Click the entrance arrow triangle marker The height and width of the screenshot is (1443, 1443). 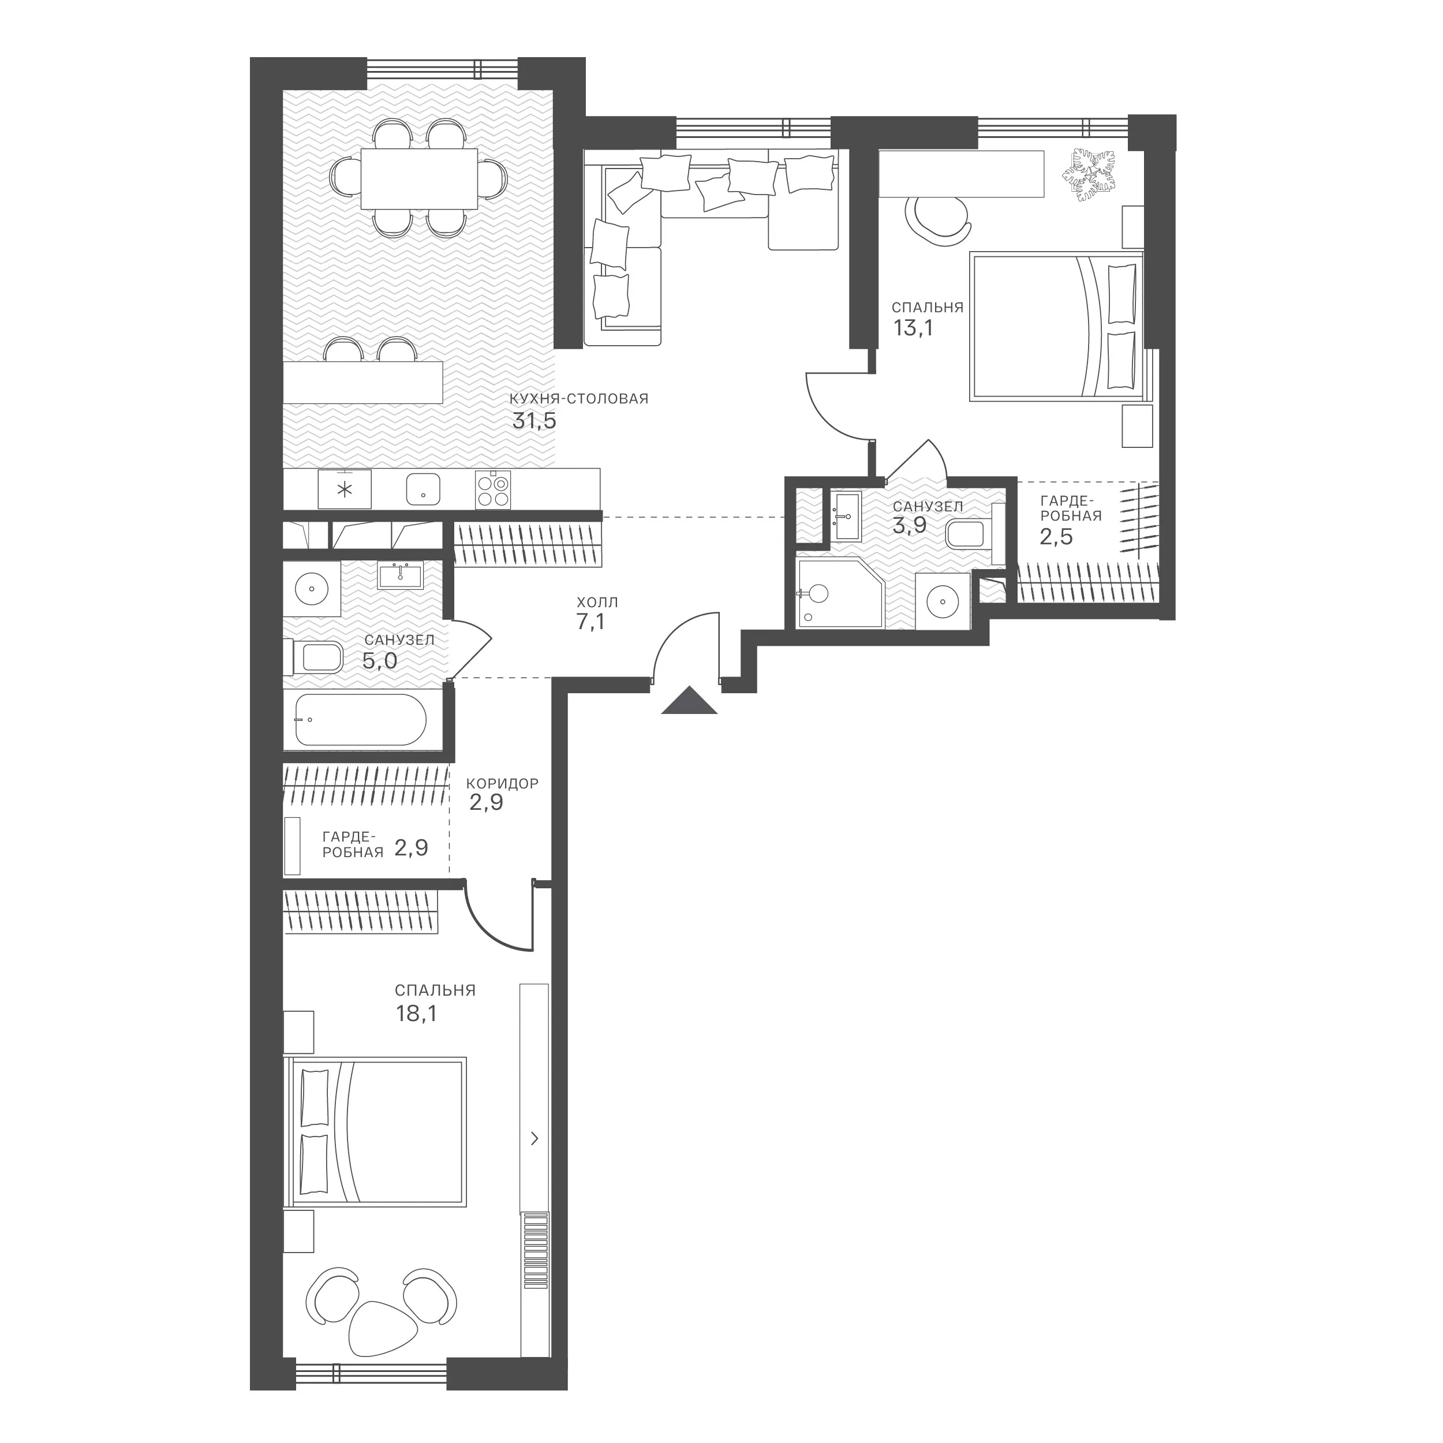coord(689,701)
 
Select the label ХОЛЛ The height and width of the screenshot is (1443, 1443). coord(597,602)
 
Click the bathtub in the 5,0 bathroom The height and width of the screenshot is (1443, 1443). coord(361,720)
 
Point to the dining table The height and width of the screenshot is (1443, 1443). coord(419,178)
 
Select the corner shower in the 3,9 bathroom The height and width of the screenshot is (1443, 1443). coord(839,593)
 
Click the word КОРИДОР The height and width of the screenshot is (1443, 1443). coord(502,783)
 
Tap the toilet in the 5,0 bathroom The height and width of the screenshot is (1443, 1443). coord(313,658)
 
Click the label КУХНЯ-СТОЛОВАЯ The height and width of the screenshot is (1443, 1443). coord(579,399)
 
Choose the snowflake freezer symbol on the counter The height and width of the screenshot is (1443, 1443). coord(345,490)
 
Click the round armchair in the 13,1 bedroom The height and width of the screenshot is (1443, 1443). coord(938,218)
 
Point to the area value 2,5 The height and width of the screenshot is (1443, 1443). coord(1056,536)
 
